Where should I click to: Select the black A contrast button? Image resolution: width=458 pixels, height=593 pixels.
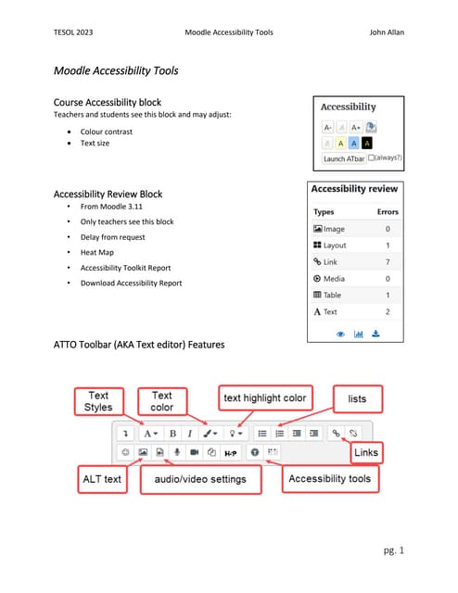(368, 143)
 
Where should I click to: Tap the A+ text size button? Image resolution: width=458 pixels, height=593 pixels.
(355, 128)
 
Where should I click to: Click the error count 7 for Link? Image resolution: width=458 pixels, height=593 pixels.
(387, 262)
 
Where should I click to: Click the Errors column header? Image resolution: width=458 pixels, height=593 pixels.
(387, 211)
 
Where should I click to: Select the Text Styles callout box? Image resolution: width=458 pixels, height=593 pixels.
(98, 401)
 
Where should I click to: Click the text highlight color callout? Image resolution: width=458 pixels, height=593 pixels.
(263, 398)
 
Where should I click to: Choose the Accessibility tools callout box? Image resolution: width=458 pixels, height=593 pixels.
(329, 479)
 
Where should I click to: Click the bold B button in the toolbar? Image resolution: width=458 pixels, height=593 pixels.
(172, 433)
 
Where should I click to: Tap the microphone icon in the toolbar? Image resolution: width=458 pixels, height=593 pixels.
(177, 451)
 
